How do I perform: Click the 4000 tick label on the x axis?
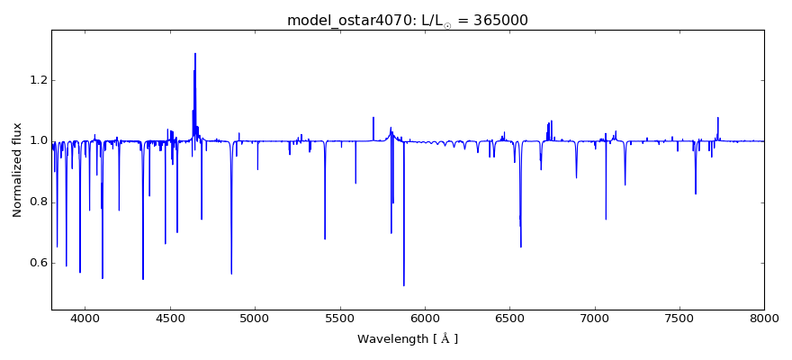(85, 318)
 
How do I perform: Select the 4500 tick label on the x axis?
(170, 318)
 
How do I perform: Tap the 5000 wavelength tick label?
(255, 318)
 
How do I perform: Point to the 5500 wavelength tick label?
(339, 318)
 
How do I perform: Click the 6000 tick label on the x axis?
(425, 318)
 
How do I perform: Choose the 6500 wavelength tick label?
(509, 318)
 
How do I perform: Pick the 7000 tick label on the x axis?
(595, 318)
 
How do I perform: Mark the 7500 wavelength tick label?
(679, 318)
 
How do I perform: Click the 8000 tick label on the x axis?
(764, 318)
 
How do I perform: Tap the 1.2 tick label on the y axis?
(36, 80)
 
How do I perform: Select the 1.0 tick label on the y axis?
(36, 141)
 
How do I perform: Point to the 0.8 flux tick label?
(36, 202)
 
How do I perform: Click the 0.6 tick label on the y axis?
(36, 263)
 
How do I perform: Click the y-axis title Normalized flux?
(17, 171)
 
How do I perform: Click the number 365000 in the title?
(498, 20)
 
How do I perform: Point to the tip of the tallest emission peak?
(194, 53)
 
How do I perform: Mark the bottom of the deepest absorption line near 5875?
(404, 285)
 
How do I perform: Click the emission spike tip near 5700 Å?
(373, 117)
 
